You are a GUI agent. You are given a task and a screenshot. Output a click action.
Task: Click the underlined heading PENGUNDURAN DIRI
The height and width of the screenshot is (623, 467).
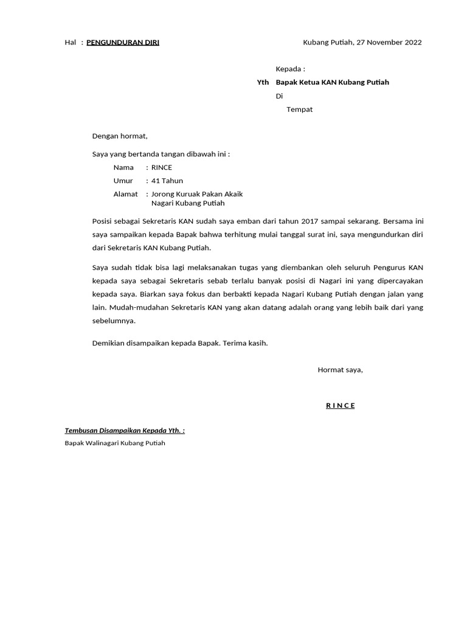(x=123, y=42)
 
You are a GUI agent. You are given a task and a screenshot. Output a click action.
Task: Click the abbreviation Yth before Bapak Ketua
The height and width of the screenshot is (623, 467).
(x=263, y=82)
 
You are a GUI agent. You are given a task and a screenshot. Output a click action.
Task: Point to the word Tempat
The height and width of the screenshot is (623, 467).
(x=299, y=110)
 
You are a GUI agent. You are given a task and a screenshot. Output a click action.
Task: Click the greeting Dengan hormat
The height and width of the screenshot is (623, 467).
(x=120, y=136)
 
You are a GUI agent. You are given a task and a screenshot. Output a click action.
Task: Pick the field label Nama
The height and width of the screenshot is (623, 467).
(x=123, y=167)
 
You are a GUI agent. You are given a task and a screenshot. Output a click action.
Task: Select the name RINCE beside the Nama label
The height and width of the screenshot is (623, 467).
(x=162, y=167)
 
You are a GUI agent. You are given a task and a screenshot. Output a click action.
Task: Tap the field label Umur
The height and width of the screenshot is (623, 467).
(x=123, y=181)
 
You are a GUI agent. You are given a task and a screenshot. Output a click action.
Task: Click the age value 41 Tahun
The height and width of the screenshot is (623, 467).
(x=167, y=181)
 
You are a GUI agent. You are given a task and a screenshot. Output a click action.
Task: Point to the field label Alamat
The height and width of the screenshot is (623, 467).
(x=126, y=194)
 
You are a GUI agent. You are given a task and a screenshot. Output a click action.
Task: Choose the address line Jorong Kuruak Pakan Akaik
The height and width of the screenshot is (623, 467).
(x=197, y=194)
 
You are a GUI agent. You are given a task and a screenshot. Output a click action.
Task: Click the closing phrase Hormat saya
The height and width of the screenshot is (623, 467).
(x=340, y=369)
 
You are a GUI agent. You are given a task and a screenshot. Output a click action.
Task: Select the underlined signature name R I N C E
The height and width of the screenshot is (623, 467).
(x=340, y=406)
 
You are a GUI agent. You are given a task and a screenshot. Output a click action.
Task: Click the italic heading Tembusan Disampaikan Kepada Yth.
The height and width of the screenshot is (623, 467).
(x=125, y=431)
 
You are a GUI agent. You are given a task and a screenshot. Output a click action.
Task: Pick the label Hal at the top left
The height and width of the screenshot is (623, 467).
(x=70, y=42)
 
